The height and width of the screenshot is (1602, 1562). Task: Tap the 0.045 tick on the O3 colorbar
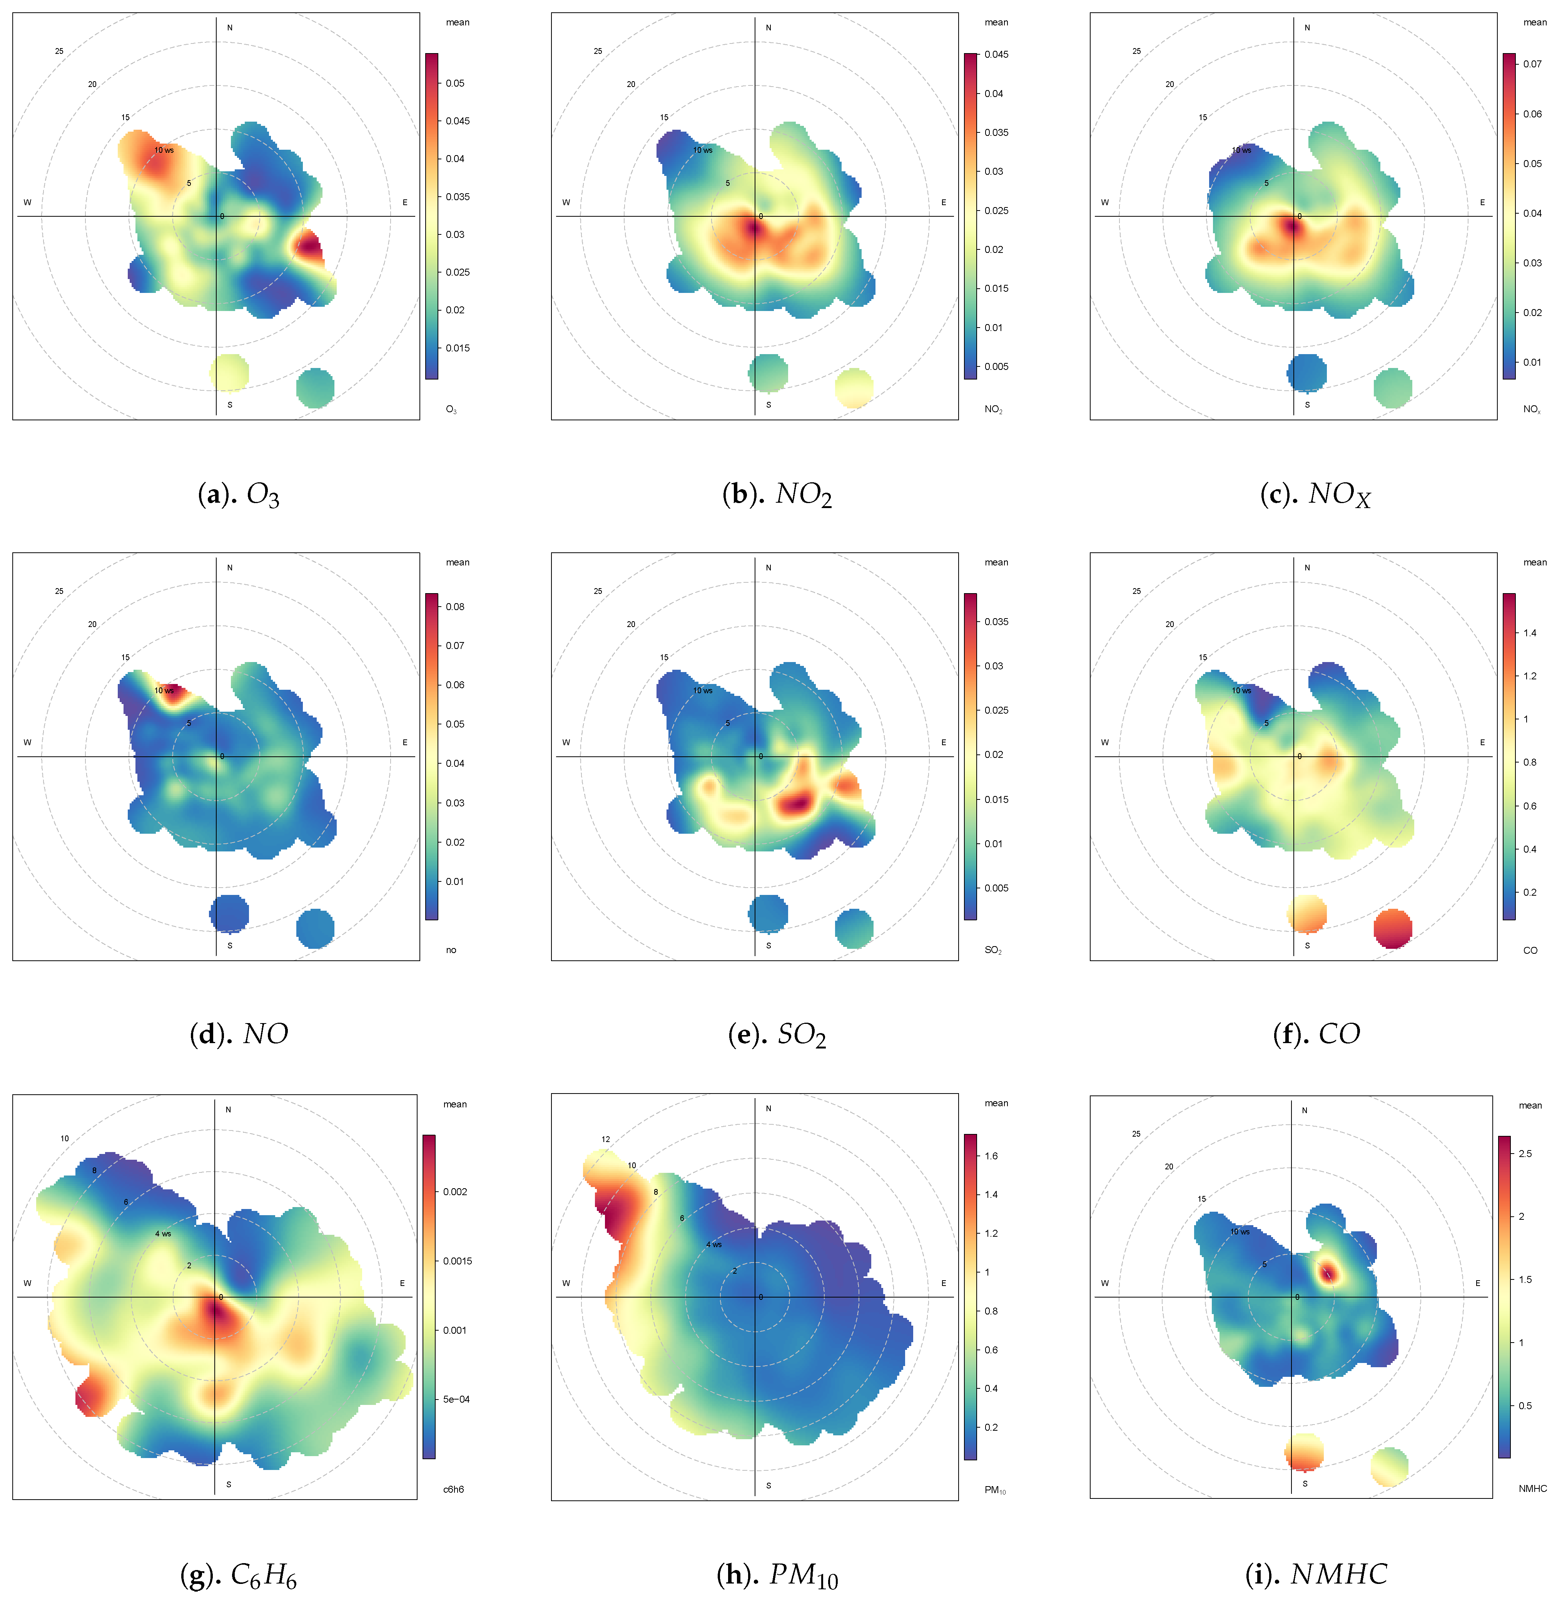(458, 120)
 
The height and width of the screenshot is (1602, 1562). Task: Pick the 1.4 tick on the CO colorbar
(1530, 633)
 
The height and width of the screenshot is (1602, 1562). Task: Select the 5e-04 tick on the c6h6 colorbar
(456, 1399)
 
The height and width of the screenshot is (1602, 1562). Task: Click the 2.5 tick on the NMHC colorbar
(1525, 1153)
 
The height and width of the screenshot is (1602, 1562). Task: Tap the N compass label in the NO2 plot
(769, 28)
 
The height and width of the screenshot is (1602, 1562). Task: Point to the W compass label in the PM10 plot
(566, 1283)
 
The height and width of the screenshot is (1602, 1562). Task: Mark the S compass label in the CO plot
(1307, 945)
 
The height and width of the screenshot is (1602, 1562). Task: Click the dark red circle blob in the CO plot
(1393, 928)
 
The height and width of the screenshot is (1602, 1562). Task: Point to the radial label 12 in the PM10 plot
(605, 1139)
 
